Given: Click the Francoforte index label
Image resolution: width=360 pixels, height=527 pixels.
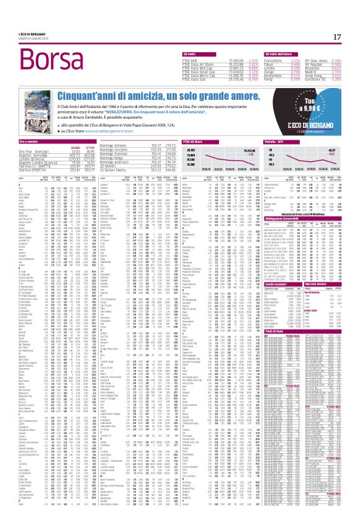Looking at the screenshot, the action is (269, 60).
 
